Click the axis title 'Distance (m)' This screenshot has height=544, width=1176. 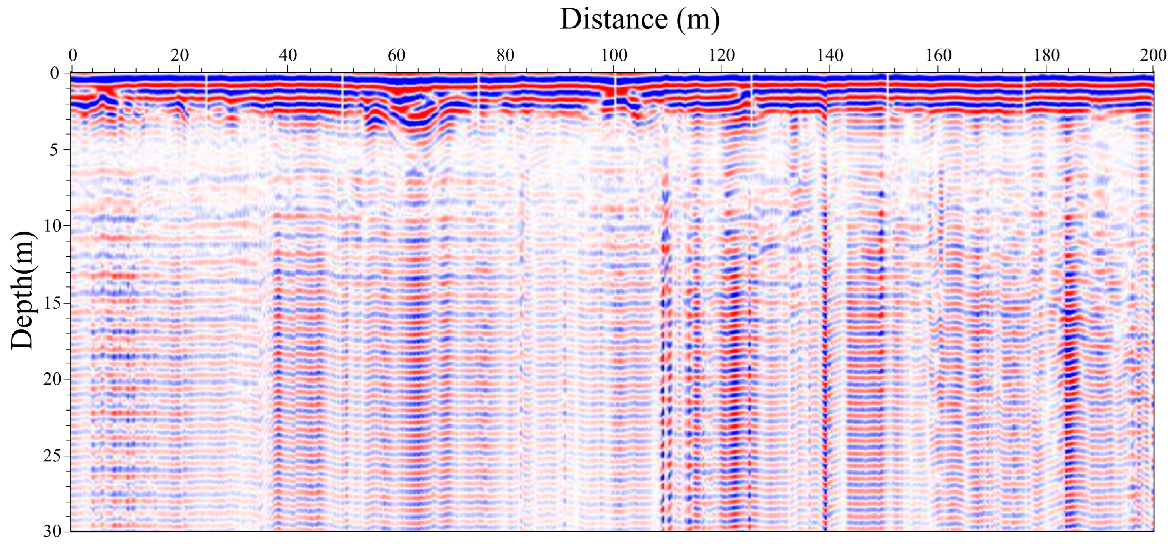(x=640, y=20)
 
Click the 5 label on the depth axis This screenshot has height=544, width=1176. (x=54, y=149)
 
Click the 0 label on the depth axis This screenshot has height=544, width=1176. (x=54, y=73)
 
